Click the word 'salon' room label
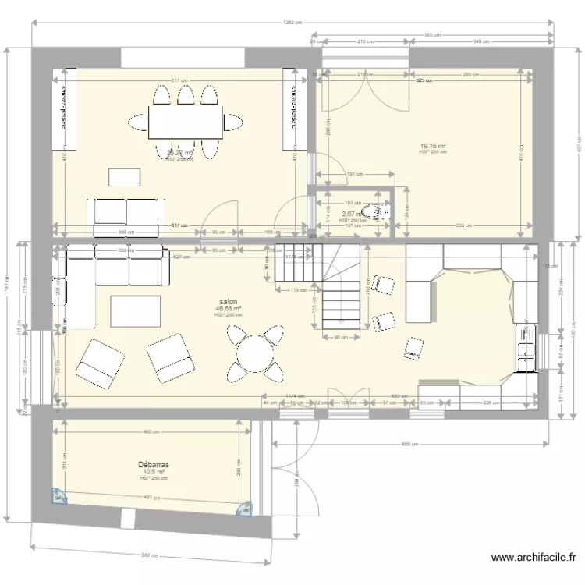tap(229, 301)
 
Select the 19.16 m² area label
tap(433, 146)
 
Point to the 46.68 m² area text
tap(229, 309)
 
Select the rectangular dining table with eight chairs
tap(185, 122)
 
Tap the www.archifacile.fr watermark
tap(534, 558)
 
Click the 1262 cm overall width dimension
tap(292, 23)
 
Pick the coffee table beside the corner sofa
tap(136, 311)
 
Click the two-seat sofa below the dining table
tap(129, 215)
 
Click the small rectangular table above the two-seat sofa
tap(126, 177)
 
